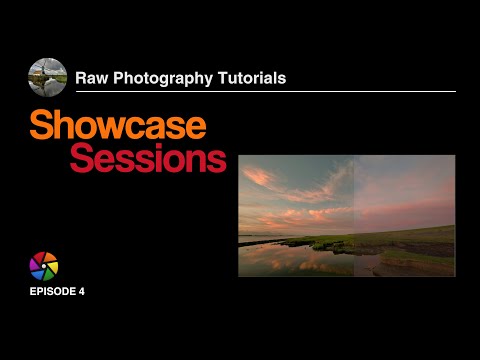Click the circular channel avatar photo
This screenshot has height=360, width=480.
(x=47, y=78)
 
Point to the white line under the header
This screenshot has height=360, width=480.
(x=270, y=92)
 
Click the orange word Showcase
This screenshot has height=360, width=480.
(x=117, y=126)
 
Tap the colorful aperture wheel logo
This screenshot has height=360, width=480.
(x=44, y=266)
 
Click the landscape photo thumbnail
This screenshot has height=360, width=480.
(x=346, y=215)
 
